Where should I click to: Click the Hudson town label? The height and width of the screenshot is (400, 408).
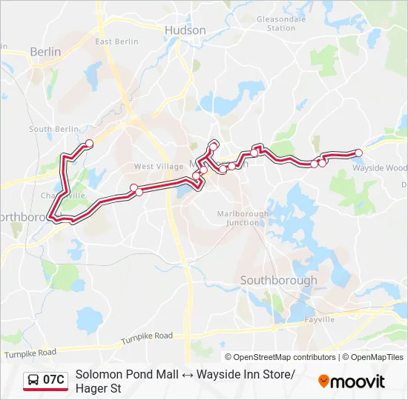(x=185, y=30)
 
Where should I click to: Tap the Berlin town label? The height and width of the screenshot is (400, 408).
(x=45, y=52)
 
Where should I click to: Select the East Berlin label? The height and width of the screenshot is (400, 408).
(x=117, y=41)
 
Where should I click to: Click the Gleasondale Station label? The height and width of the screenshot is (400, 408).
(x=281, y=24)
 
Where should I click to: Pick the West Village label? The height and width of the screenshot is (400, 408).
(x=154, y=167)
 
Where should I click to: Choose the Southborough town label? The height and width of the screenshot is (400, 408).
(x=278, y=280)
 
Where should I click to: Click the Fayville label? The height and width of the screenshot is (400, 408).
(x=319, y=319)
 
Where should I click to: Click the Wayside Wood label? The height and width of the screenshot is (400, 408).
(x=379, y=168)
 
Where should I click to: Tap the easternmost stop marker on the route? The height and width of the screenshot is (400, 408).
(x=358, y=153)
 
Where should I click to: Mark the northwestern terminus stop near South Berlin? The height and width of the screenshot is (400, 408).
(x=89, y=143)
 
